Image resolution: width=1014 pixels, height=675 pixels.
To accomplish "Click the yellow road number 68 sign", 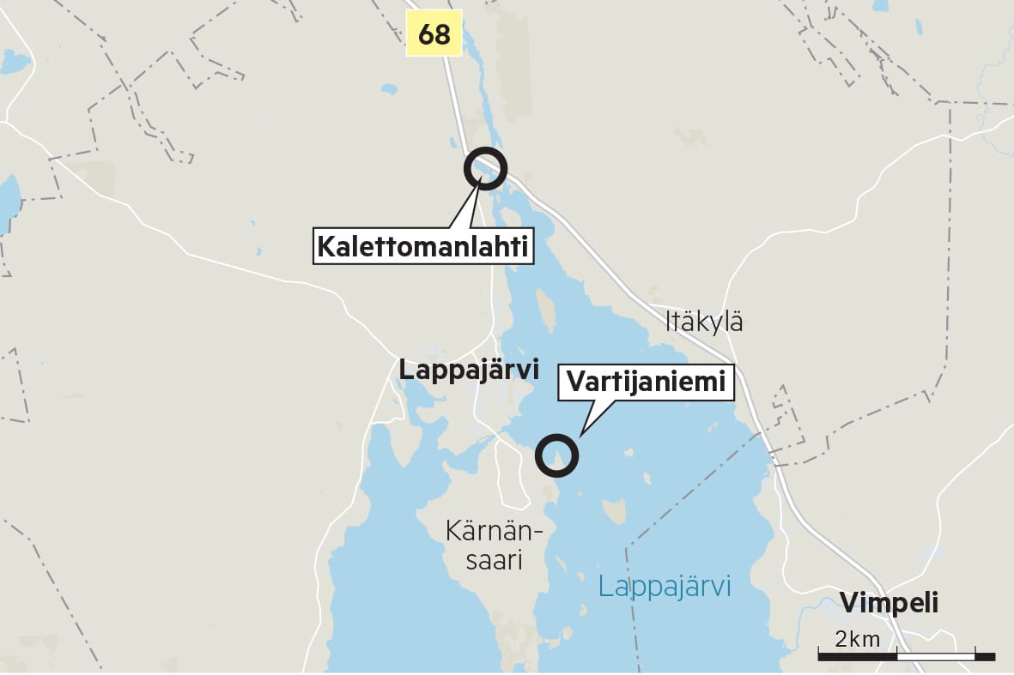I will point(434,33).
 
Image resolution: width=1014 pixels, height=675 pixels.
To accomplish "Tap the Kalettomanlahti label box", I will point(422,247).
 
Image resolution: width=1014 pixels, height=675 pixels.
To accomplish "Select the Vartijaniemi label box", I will point(647,383).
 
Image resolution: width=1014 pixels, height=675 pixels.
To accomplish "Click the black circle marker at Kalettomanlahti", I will point(485,169).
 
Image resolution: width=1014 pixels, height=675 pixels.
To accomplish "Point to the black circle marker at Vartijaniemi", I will point(556,455).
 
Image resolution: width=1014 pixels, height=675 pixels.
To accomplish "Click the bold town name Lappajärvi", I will point(469,371).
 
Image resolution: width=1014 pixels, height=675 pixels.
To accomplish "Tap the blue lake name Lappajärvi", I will point(665,588).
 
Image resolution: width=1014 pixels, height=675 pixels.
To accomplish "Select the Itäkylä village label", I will point(704,322).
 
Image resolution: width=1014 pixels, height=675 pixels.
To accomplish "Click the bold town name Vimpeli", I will point(889,603).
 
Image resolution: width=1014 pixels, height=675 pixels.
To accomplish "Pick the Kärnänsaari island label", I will point(495,545).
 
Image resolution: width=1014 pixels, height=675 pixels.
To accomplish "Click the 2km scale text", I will point(857,638).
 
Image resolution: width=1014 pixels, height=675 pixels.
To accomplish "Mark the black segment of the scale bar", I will point(857,656).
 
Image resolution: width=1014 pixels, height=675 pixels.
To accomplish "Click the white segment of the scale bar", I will point(936,656).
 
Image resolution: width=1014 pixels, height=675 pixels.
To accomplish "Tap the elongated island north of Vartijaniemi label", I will point(544,310).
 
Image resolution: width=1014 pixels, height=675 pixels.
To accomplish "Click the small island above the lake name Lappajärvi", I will point(614,513).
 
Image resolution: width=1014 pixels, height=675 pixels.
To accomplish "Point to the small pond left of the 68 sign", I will point(389,88).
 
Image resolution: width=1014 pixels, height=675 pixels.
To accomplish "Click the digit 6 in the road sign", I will point(426,34).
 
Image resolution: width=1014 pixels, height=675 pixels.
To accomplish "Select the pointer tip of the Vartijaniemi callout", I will point(580,437).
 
